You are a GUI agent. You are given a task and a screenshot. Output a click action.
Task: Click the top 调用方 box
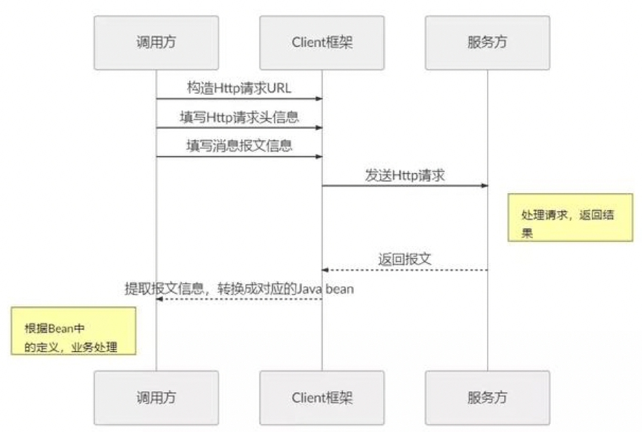(x=156, y=43)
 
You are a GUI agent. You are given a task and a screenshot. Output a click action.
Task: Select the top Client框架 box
(x=322, y=43)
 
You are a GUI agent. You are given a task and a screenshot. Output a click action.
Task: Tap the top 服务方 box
(x=487, y=43)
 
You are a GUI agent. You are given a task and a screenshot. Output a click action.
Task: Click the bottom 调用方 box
(x=156, y=397)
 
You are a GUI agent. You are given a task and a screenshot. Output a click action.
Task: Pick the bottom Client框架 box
(x=322, y=397)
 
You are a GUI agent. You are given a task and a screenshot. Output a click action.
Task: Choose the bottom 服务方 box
(x=487, y=397)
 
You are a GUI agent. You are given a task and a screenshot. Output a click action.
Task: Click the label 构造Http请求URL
(x=239, y=88)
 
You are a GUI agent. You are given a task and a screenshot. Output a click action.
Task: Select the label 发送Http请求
(x=404, y=175)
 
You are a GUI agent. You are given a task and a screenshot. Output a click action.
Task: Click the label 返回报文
(x=404, y=259)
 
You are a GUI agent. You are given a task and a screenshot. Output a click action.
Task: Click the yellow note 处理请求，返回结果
(x=569, y=217)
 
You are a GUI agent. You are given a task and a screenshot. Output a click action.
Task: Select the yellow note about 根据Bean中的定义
(x=73, y=331)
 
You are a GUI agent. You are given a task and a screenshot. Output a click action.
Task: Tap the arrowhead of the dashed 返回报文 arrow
(x=325, y=270)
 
